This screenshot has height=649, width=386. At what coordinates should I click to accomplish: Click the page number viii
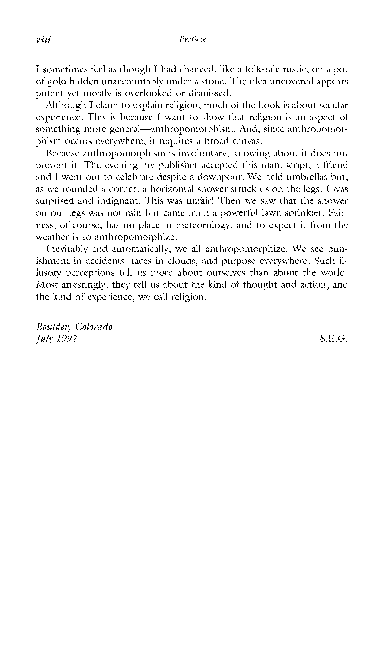[x=44, y=40]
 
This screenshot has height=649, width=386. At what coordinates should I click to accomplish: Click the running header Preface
[x=192, y=40]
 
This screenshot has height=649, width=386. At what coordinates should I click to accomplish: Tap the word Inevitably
[x=67, y=249]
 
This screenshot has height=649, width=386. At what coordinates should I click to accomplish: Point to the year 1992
[x=66, y=339]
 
